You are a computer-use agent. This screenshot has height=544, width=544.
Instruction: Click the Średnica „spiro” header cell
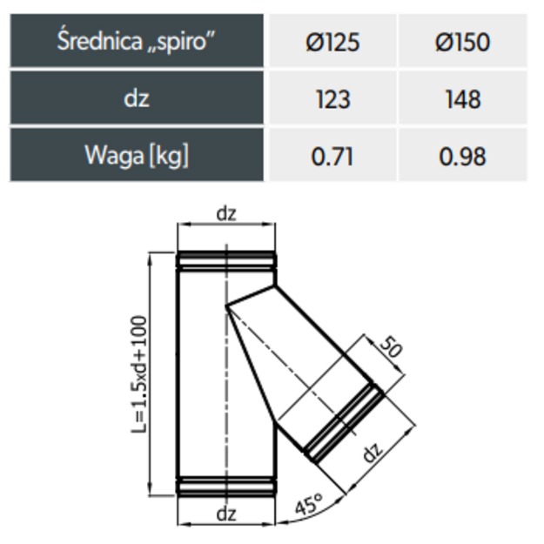(x=137, y=41)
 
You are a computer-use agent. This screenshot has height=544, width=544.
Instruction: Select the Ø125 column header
(x=332, y=41)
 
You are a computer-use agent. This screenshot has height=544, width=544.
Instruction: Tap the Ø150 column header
(x=463, y=41)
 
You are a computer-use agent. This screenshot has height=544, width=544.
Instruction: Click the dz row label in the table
(x=137, y=97)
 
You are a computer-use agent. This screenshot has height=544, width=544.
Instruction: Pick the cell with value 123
(x=332, y=97)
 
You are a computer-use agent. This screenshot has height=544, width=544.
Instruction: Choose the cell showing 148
(x=463, y=97)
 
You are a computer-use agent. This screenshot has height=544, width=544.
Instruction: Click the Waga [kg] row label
(x=137, y=155)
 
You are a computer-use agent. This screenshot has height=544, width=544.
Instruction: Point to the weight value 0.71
(x=332, y=155)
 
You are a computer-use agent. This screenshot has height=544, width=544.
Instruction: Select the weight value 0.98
(x=463, y=155)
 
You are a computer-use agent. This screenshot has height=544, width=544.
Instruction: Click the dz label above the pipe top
(x=226, y=213)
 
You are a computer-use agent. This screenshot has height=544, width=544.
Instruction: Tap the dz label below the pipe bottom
(x=226, y=514)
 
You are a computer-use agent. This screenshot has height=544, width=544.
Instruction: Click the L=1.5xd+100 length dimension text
(x=139, y=374)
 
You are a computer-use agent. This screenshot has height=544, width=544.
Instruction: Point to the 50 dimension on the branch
(x=391, y=346)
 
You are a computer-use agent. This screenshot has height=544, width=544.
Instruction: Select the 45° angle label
(x=309, y=504)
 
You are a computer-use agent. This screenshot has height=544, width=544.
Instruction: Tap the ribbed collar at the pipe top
(x=226, y=260)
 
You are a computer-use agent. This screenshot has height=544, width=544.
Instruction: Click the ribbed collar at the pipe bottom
(x=226, y=487)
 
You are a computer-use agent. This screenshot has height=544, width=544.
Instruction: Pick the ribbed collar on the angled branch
(x=344, y=423)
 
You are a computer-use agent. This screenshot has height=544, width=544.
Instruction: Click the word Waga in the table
(x=114, y=155)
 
